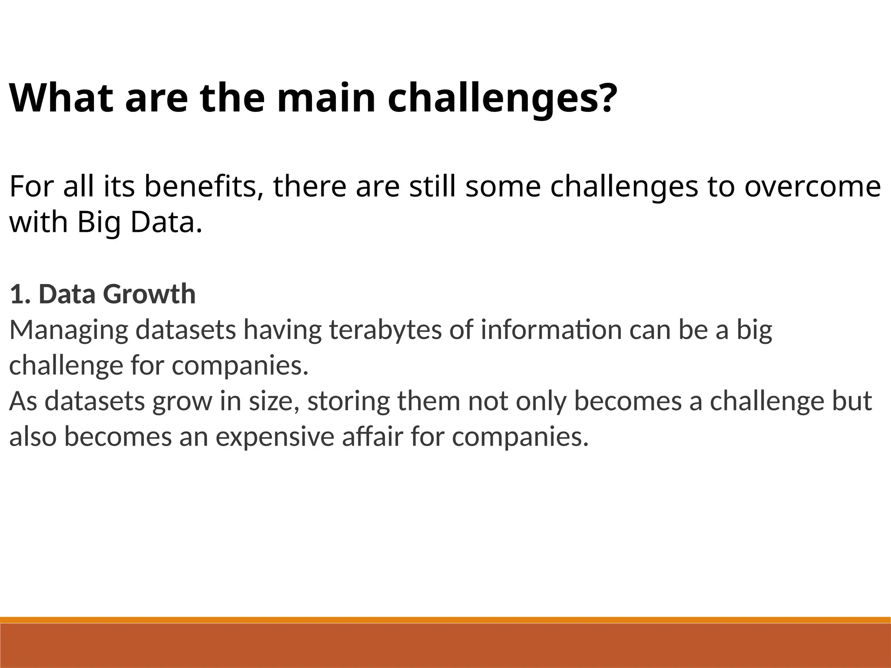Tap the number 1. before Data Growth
(x=21, y=294)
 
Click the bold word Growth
(x=149, y=294)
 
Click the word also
(x=33, y=437)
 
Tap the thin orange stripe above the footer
(x=445, y=620)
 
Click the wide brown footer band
(x=445, y=646)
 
